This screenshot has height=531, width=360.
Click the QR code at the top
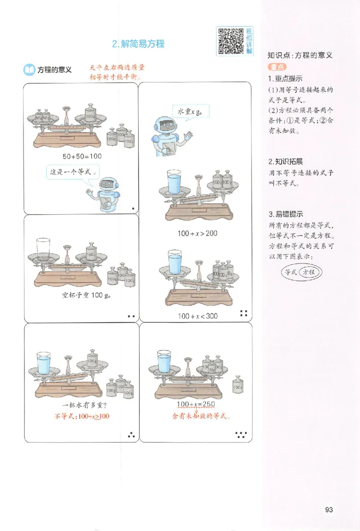230,41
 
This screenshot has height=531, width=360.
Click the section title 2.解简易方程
138,44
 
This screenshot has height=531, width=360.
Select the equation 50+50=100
83,156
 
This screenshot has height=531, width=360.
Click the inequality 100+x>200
197,234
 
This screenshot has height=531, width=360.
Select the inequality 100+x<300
197,316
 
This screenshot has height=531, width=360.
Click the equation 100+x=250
197,404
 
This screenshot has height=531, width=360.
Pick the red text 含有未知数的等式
201,416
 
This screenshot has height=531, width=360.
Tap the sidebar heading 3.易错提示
285,214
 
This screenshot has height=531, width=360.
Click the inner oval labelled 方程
309,272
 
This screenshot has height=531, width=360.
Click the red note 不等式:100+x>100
82,416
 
